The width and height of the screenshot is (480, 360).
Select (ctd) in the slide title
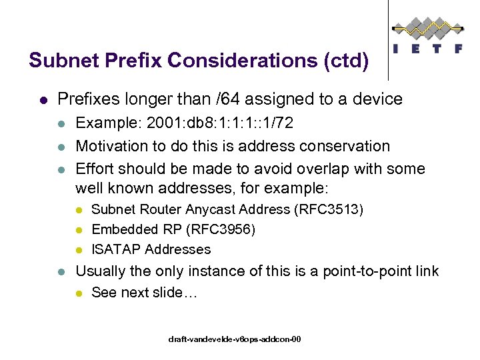[x=345, y=61]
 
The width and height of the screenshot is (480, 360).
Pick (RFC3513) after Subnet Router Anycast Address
[x=329, y=209]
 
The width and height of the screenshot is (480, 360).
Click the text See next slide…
[x=144, y=292]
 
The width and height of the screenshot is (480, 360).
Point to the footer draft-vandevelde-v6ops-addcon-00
[x=235, y=339]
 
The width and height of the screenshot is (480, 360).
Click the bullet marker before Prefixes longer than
[x=43, y=100]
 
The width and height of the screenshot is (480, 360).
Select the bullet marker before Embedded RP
[x=79, y=230]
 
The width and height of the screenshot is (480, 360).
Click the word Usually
[x=101, y=271]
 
